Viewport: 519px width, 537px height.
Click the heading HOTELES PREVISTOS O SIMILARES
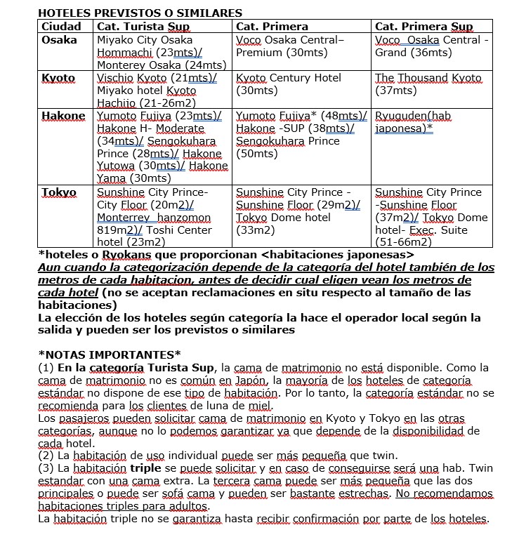140,13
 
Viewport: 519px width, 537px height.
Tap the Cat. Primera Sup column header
424,27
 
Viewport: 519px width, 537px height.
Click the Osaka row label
60,40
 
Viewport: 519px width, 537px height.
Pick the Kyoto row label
58,78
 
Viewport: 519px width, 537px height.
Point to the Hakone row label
63,116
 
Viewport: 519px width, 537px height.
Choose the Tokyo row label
59,192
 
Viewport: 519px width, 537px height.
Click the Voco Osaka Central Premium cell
290,46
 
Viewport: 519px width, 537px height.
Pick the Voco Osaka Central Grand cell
431,46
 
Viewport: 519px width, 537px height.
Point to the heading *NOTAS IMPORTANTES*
109,354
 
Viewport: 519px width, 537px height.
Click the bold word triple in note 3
146,468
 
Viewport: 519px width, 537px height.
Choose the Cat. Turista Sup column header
143,27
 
